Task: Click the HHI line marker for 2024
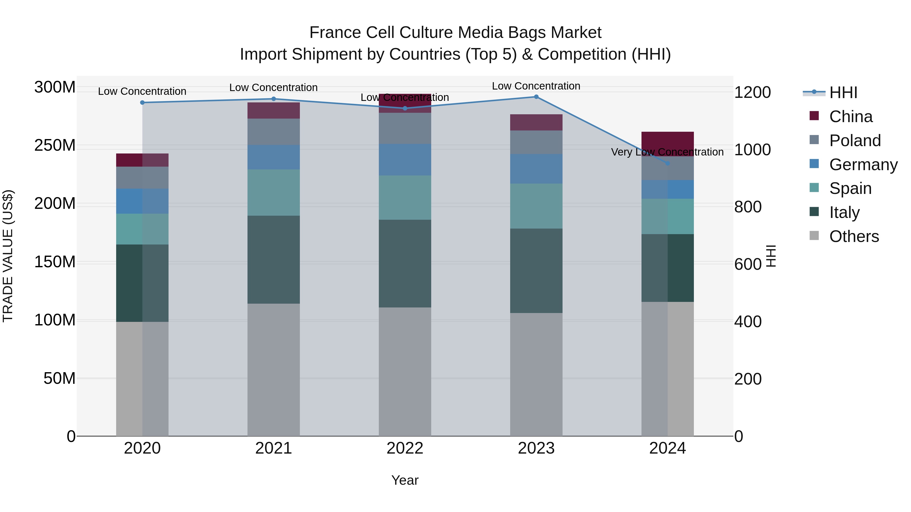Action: point(667,163)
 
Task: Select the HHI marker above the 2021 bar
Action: point(273,99)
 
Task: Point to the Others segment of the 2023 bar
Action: point(536,374)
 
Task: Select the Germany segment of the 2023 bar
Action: point(536,169)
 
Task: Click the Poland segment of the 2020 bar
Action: point(142,177)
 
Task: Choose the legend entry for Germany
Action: point(863,165)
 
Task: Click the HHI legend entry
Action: point(843,93)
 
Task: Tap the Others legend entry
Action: point(854,236)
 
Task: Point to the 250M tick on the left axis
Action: point(55,145)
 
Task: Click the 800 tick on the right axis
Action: point(748,207)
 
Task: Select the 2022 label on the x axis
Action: point(405,448)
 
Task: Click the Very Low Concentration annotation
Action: point(667,152)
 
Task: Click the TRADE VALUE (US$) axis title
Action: point(8,256)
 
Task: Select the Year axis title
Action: point(405,480)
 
